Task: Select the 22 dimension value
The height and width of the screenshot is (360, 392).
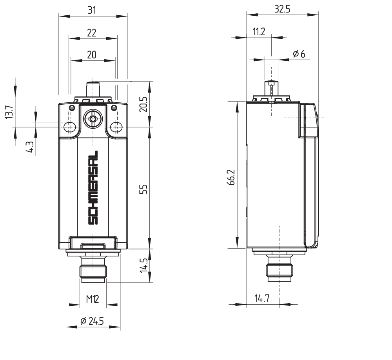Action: tap(92, 33)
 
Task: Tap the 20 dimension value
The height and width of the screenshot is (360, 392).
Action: tap(92, 55)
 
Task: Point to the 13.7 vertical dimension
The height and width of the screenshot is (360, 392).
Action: tap(9, 112)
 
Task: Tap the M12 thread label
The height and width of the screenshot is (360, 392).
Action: tap(93, 299)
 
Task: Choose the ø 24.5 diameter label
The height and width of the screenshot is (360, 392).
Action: tap(93, 322)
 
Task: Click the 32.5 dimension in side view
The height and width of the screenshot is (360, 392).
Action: tap(282, 10)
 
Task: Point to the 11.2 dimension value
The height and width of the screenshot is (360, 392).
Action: tap(258, 33)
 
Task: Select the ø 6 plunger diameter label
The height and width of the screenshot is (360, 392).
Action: tap(299, 55)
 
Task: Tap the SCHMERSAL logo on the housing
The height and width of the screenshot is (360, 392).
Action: tap(93, 188)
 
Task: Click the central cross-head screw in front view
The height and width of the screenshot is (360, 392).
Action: tap(93, 119)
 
